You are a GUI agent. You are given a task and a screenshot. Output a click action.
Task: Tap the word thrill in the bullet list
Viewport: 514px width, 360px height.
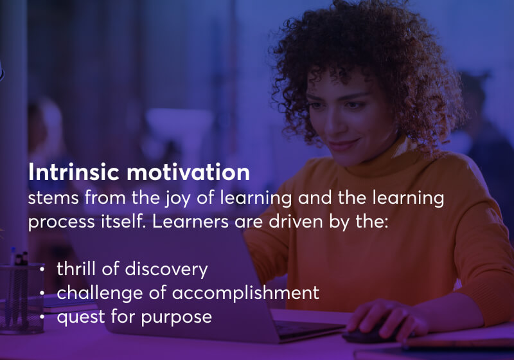pos(75,269)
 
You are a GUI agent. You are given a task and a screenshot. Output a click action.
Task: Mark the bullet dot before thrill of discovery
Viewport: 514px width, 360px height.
pos(42,270)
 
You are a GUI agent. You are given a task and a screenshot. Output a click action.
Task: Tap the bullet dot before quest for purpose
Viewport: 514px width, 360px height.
pos(42,318)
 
